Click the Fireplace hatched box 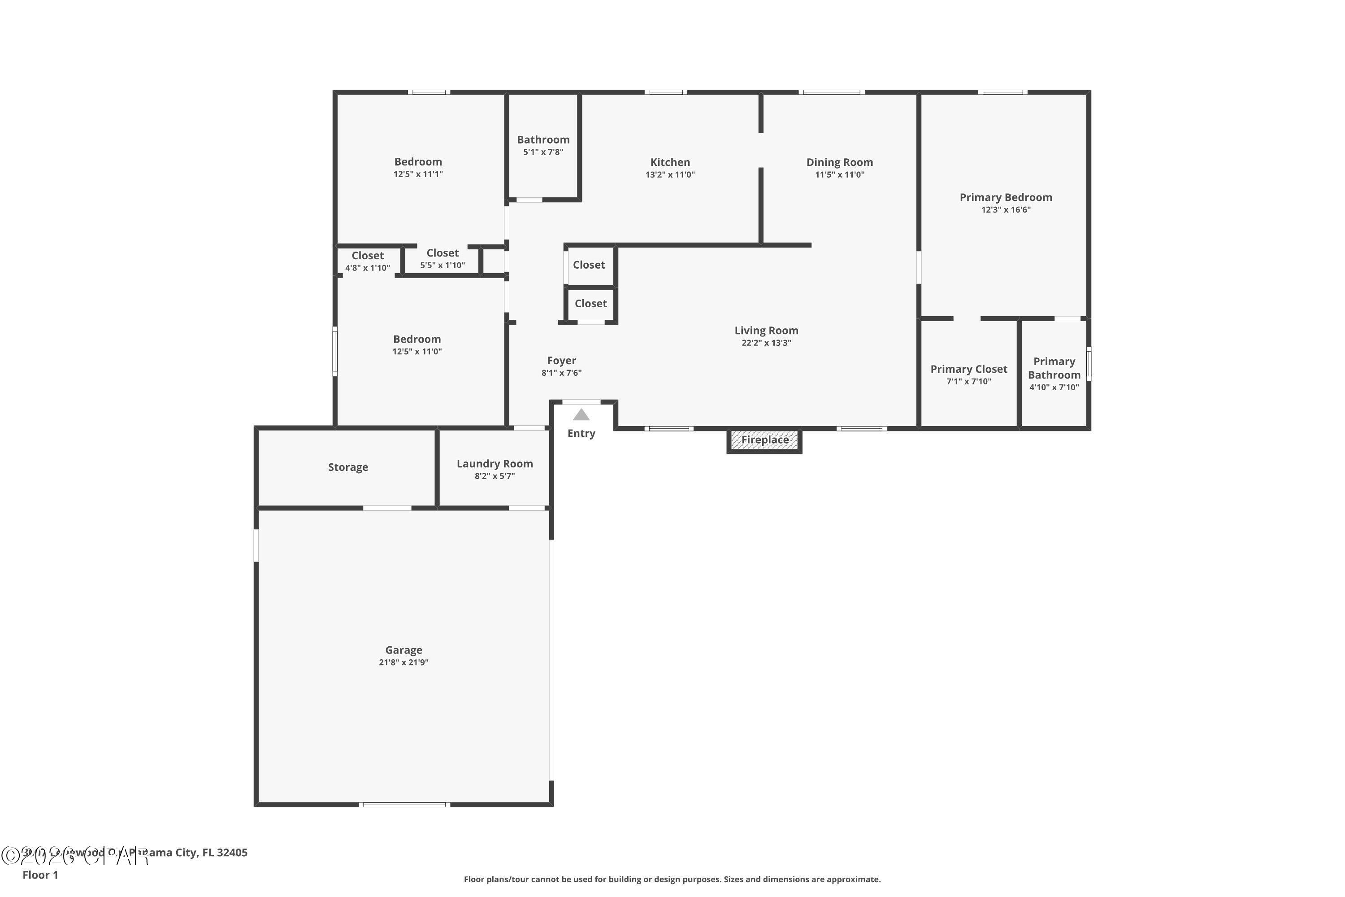[x=764, y=440]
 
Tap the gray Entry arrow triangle [x=581, y=415]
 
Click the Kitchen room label [x=670, y=162]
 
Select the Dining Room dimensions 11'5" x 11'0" [x=839, y=175]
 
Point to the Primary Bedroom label [x=1005, y=197]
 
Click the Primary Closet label [x=968, y=369]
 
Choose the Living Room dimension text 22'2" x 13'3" [x=766, y=343]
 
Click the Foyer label [x=561, y=361]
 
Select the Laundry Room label [x=494, y=463]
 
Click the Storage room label [x=348, y=467]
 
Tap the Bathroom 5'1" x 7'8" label [x=542, y=139]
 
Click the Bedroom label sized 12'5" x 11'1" [x=417, y=162]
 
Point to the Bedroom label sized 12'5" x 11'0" [x=417, y=339]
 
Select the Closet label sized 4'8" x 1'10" [x=367, y=256]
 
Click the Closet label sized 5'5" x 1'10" [x=442, y=253]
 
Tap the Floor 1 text [x=40, y=875]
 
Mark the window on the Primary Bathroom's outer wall [x=1088, y=363]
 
